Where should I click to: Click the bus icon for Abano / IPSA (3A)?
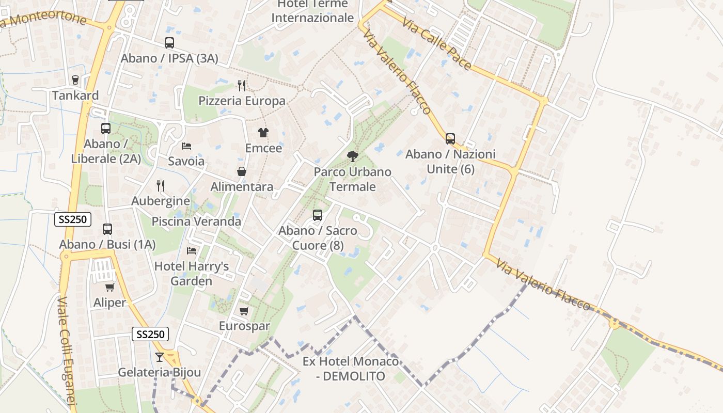click(169, 43)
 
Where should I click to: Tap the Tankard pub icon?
click(75, 80)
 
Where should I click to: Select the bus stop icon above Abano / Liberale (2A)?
click(106, 128)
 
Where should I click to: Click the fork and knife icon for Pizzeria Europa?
click(242, 85)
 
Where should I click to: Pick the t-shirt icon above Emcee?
click(263, 133)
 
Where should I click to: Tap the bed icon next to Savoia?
click(186, 146)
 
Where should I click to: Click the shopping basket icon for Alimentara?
click(242, 171)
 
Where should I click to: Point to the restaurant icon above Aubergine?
click(161, 185)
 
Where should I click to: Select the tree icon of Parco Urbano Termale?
click(353, 156)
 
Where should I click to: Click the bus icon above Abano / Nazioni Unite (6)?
click(450, 138)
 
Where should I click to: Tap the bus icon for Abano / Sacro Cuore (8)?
click(318, 215)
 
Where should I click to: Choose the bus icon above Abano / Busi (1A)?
click(107, 229)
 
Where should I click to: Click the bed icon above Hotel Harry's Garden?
click(192, 251)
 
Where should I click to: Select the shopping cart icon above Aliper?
click(109, 287)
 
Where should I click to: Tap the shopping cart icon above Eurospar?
click(244, 311)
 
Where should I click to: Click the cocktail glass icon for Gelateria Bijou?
click(160, 357)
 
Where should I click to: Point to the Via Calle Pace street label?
click(437, 44)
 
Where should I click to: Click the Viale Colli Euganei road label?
click(68, 351)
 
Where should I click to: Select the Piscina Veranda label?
click(196, 221)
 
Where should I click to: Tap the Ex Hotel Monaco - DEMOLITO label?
click(351, 369)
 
